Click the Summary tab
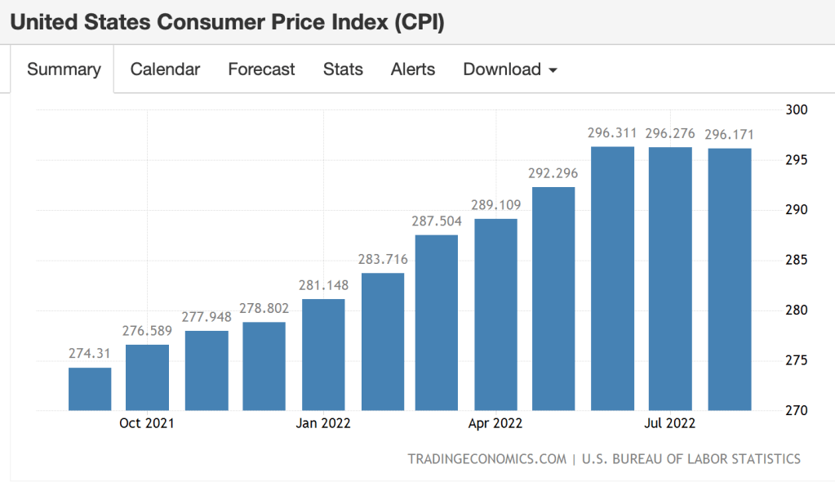pos(64,69)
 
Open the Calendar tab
pos(165,69)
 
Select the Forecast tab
pos(261,69)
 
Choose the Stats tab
pos(343,69)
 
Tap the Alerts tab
pos(413,69)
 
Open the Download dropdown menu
pos(510,69)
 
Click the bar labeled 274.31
pos(90,389)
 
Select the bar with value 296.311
pos(612,278)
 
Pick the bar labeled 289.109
pos(495,315)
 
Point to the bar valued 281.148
pos(323,355)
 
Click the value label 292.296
pos(553,173)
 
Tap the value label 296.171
pos(729,134)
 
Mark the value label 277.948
pos(207,316)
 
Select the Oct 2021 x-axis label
pos(147,423)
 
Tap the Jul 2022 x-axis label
pos(669,423)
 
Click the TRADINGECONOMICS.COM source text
pos(486,459)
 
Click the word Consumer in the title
pos(214,22)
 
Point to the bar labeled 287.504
pos(437,323)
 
